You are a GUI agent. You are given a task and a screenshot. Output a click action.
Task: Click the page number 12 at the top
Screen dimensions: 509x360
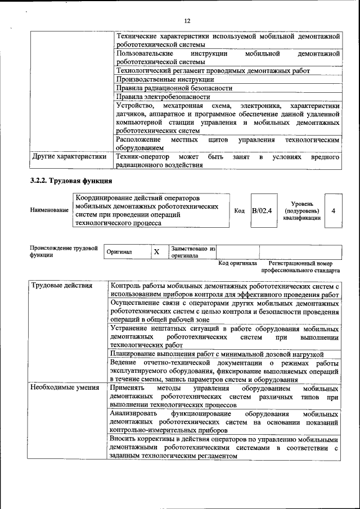click(x=187, y=21)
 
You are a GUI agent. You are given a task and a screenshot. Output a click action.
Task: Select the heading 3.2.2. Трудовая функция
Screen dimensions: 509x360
click(x=71, y=181)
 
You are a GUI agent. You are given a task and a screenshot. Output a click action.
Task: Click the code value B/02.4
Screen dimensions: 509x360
click(x=262, y=210)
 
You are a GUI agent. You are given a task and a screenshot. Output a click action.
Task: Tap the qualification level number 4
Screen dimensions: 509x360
click(x=334, y=210)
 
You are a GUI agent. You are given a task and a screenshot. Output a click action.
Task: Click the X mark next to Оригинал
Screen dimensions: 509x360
click(x=157, y=252)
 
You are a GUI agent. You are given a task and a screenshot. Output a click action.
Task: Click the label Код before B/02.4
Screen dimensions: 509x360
click(x=239, y=210)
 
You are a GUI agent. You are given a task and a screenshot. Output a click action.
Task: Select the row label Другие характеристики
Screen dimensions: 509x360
click(x=69, y=157)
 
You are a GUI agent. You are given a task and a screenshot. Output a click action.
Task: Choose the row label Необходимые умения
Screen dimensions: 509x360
click(x=65, y=388)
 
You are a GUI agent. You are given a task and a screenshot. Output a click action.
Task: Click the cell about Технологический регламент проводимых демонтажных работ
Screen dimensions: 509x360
click(x=213, y=71)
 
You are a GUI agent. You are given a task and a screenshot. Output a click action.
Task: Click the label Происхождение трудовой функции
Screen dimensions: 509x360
click(x=64, y=251)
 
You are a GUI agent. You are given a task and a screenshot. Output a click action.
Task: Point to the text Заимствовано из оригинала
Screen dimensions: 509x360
click(x=193, y=251)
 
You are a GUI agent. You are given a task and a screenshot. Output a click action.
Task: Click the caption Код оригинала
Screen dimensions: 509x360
click(x=237, y=263)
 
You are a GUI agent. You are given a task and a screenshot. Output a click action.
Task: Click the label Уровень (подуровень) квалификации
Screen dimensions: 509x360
click(x=303, y=210)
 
